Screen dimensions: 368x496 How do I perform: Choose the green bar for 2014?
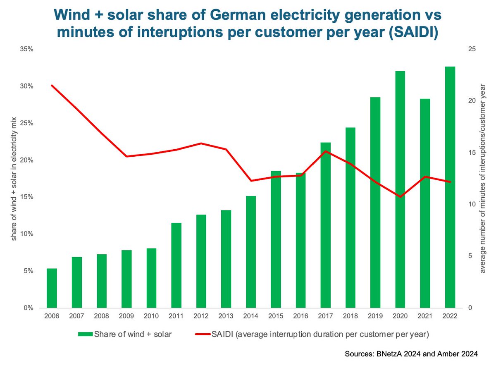pyautogui.click(x=251, y=252)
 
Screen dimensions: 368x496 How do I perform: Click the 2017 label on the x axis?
pyautogui.click(x=325, y=316)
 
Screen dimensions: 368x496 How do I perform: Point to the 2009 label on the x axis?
pyautogui.click(x=126, y=316)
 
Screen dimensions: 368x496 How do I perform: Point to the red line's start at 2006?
pyautogui.click(x=52, y=86)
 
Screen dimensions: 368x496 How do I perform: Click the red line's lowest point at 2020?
pyautogui.click(x=400, y=197)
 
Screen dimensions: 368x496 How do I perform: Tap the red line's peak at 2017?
pyautogui.click(x=325, y=151)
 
